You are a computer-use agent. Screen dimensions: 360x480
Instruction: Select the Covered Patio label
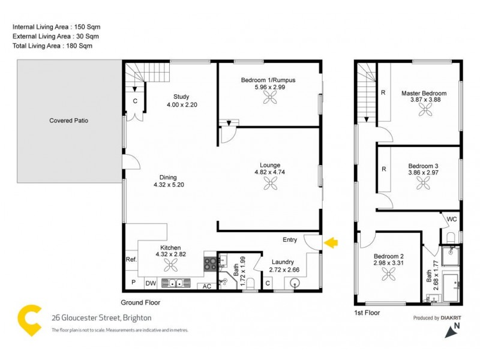coord(69,121)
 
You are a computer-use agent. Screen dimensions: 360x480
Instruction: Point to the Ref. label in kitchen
coord(131,260)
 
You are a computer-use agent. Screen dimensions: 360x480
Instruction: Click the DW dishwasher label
coord(151,283)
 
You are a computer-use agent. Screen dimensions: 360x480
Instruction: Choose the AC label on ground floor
coord(206,286)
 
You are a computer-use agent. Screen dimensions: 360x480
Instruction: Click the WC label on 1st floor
coord(452,220)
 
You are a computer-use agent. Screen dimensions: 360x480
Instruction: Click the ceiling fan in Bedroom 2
coord(386,274)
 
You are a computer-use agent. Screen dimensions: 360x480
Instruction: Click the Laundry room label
coord(283,262)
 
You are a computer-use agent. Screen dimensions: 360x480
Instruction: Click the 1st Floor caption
coord(367,313)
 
